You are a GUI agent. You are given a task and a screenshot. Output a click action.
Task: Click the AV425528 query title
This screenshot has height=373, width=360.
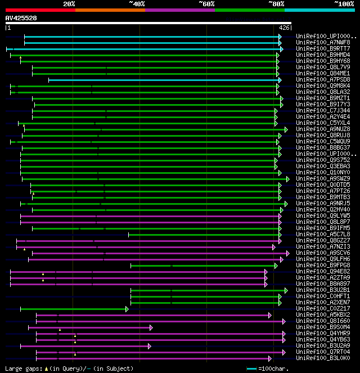tap(21, 18)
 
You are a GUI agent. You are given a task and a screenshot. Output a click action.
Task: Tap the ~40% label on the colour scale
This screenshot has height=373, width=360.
tap(137, 3)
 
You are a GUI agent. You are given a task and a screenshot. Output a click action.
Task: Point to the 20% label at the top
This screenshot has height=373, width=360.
tap(69, 3)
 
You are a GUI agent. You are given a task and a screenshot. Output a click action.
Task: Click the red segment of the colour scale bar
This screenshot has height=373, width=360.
tap(40, 10)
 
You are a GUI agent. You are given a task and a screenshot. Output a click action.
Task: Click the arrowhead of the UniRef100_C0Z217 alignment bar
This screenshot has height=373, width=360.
tap(127, 308)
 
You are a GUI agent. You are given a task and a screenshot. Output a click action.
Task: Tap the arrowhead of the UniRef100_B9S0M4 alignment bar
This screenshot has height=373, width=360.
tap(151, 327)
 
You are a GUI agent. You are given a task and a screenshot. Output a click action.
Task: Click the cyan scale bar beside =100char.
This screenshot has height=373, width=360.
tap(252, 368)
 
